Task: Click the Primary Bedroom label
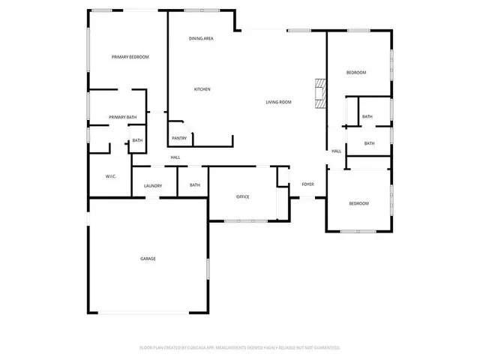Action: pos(130,57)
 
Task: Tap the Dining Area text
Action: pos(201,38)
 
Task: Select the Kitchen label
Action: pos(202,89)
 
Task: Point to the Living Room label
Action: pos(278,102)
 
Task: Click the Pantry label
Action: pos(179,138)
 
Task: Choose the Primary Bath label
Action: pos(122,117)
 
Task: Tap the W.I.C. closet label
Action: pos(110,176)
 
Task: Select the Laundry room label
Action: pos(153,185)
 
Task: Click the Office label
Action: pos(242,196)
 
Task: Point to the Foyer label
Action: pos(307,184)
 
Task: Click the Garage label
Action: pos(148,259)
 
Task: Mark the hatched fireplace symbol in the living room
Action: pos(321,93)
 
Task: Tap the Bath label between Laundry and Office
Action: pos(195,185)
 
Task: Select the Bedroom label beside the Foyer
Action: pos(358,204)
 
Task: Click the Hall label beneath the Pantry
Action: pos(175,157)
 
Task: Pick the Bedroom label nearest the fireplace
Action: pos(355,72)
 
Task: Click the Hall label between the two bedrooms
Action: pos(337,151)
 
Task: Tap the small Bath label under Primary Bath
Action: pos(137,140)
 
